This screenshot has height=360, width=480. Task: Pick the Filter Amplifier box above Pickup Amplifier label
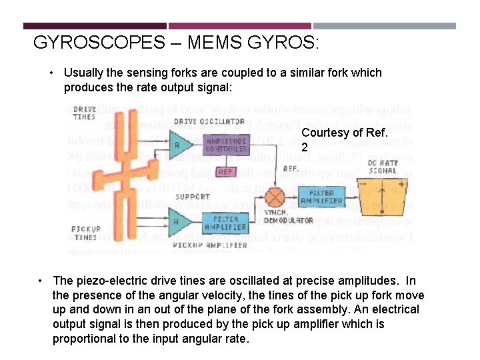coord(225,223)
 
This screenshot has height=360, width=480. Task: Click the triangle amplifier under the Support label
coord(176,221)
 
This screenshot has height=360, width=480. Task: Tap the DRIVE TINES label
coord(83,113)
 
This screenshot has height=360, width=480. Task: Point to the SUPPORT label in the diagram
coord(192,197)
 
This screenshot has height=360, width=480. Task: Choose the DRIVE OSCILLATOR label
coord(209,121)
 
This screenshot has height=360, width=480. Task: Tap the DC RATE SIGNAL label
coord(383,166)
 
